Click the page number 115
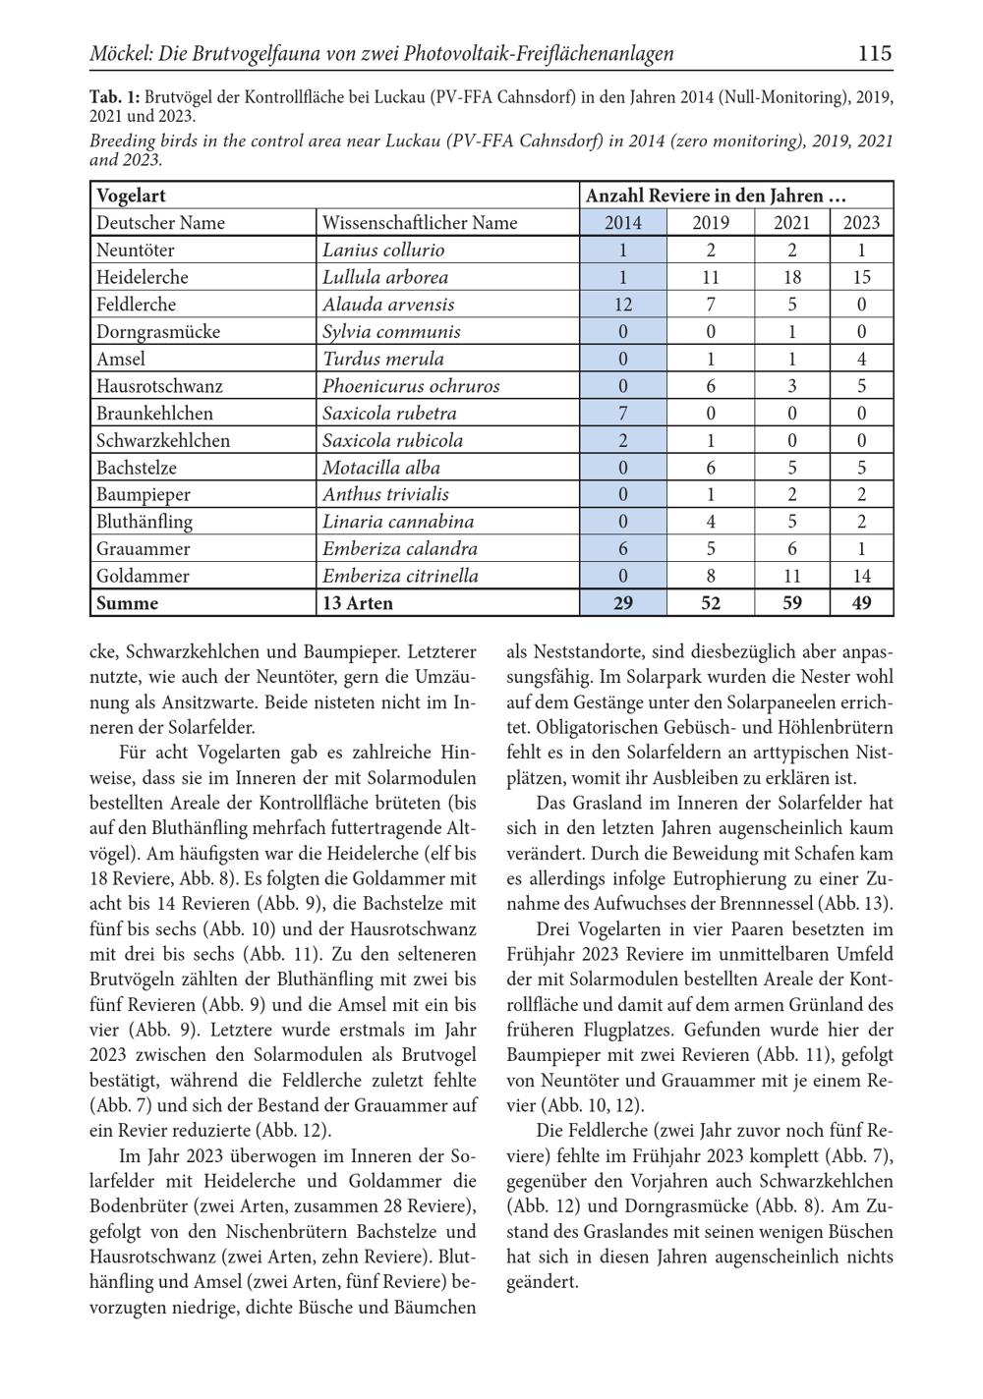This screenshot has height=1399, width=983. coord(874,53)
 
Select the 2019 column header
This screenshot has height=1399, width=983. coord(710,223)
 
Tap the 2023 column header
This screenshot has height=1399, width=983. coord(861,223)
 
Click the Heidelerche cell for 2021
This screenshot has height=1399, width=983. coord(791,277)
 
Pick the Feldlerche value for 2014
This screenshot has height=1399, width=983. coord(622,305)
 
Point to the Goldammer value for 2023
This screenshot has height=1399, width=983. coord(861,576)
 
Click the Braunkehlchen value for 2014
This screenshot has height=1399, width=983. coord(622,414)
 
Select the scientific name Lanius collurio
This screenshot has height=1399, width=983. coord(383,251)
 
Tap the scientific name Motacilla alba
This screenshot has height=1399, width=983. coord(381,468)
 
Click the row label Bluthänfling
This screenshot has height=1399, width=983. coord(145,522)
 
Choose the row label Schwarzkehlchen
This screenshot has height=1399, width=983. coord(163,440)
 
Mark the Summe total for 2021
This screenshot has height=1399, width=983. coord(791,603)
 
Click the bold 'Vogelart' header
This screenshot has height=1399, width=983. coord(131,196)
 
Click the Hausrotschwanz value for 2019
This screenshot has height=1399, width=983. coord(710,386)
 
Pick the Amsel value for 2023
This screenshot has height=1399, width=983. coord(861,359)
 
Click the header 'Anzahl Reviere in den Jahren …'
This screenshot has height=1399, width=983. coord(716,196)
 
